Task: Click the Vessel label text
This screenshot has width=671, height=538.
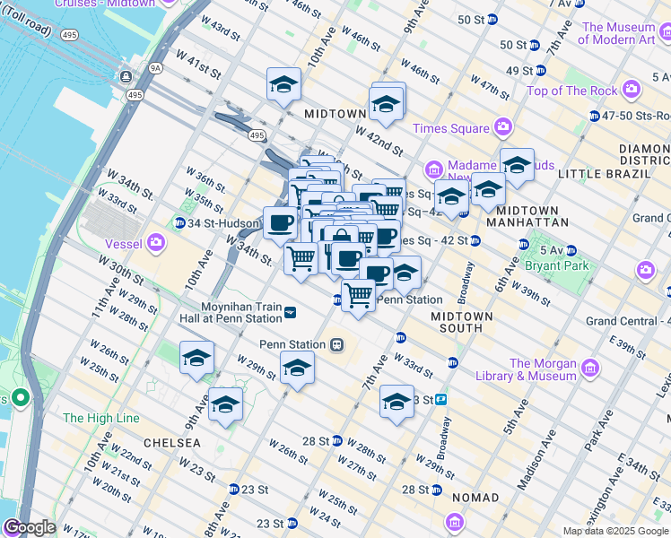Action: point(125,241)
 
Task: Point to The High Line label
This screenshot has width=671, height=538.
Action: point(101,418)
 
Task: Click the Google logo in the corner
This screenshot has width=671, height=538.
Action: point(30,527)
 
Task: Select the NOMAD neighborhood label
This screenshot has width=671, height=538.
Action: point(475,498)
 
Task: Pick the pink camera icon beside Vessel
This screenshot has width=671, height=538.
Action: point(157,241)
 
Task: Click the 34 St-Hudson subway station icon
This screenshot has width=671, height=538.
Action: point(179,223)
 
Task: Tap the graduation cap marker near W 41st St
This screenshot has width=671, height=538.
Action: point(283,86)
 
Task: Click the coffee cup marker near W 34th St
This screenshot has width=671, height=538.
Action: point(280,223)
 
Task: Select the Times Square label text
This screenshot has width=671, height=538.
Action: point(450,128)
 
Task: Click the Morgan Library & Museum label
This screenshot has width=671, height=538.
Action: point(543,369)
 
